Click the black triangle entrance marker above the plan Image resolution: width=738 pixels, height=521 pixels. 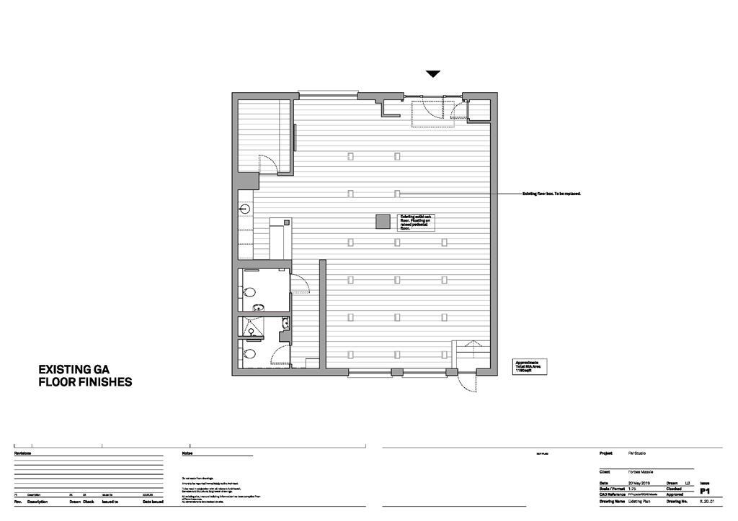click(432, 73)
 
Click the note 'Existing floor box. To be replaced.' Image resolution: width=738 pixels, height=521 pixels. click(551, 194)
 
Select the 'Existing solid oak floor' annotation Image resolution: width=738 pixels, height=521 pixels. click(417, 222)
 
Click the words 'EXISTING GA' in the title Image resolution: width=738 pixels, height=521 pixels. click(74, 369)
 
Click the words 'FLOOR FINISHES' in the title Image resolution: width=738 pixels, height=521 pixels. click(85, 383)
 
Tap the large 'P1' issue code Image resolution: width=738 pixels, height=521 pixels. click(706, 491)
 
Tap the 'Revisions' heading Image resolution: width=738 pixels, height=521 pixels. click(23, 453)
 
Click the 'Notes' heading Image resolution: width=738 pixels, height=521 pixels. click(187, 453)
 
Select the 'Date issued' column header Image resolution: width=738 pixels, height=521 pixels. click(153, 502)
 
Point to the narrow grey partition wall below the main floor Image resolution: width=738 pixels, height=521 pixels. click(323, 314)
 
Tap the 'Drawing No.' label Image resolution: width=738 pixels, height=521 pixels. click(678, 501)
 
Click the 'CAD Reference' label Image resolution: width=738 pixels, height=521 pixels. click(613, 495)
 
